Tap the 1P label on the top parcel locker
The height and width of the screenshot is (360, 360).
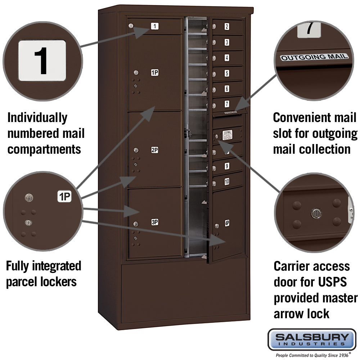[155, 73]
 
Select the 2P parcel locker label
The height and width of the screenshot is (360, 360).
[154, 150]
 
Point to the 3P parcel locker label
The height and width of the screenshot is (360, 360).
[154, 222]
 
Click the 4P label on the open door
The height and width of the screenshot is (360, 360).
[227, 223]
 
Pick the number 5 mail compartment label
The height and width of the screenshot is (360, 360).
[227, 73]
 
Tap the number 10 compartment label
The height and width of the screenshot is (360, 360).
[227, 182]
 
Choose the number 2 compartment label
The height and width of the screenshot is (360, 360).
[227, 26]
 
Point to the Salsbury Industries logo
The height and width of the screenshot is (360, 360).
[312, 339]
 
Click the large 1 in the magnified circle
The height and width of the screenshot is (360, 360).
[42, 60]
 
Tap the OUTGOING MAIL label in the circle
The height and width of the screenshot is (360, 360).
[314, 57]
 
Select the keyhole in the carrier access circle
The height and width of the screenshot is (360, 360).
[316, 213]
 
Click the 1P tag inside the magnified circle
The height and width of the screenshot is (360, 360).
[64, 197]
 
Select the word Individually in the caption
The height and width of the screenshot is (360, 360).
[37, 117]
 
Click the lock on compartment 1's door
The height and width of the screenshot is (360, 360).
[131, 26]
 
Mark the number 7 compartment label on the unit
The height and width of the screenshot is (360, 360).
[227, 104]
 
